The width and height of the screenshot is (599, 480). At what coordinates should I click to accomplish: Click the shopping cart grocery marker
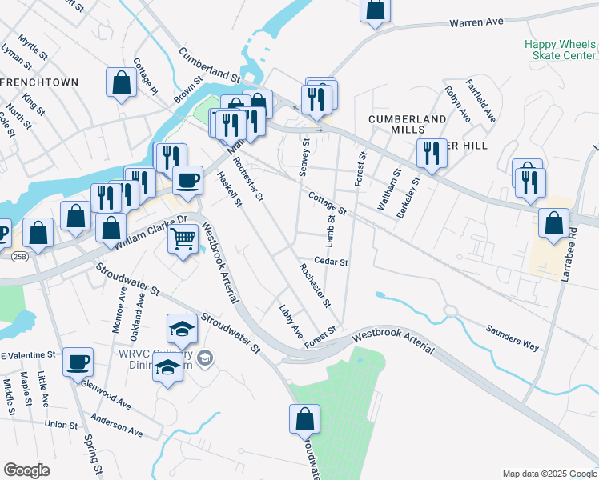pos(183,237)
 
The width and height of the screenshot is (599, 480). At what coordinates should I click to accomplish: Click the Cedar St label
pos(331,262)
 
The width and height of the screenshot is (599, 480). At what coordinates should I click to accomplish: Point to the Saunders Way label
pos(513,338)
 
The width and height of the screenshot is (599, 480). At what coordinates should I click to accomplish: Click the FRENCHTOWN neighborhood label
pos(40,82)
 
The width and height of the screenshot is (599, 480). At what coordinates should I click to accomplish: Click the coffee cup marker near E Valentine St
pos(78,361)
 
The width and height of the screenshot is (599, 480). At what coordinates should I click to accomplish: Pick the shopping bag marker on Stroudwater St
pos(304,418)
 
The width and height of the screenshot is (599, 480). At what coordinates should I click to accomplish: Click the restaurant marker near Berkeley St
pos(432,152)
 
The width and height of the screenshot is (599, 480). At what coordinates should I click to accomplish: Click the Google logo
pos(27,470)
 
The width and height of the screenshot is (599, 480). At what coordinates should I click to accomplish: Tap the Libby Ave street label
pos(291,320)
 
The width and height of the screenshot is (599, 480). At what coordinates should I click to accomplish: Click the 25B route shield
pos(18,256)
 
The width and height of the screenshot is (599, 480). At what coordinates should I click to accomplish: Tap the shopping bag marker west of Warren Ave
pos(375,9)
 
